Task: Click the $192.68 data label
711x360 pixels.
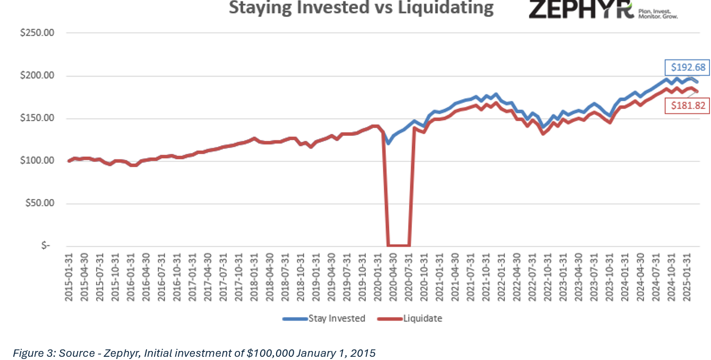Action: click(x=688, y=67)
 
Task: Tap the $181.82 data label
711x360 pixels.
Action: click(x=688, y=106)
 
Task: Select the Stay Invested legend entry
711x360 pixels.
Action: click(x=324, y=319)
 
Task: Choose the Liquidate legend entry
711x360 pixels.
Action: click(x=410, y=319)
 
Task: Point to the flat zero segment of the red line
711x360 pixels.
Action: click(x=398, y=245)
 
